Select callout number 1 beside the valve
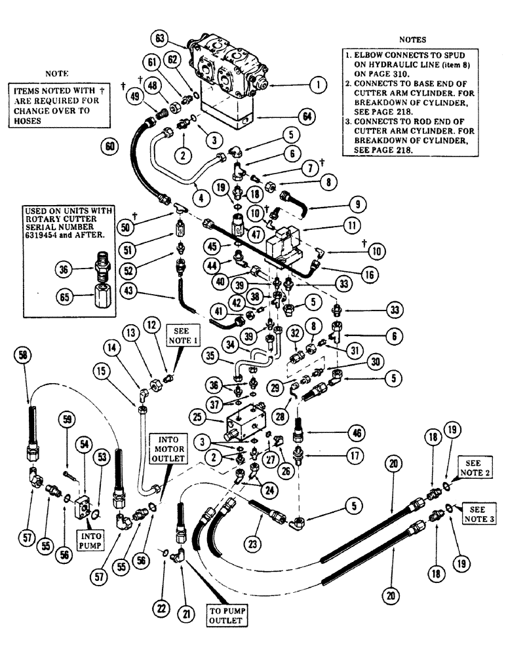pos(317,84)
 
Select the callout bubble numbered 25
pos(200,415)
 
